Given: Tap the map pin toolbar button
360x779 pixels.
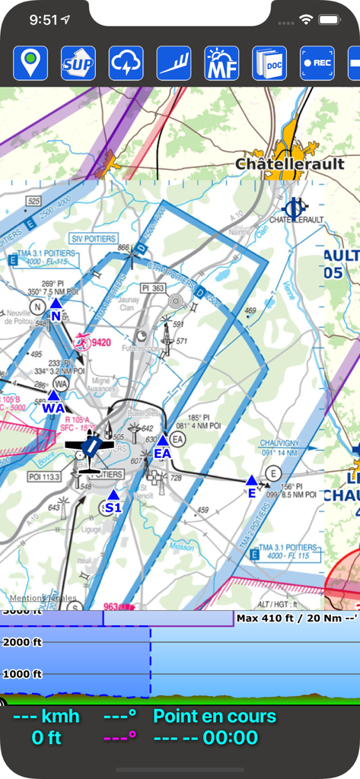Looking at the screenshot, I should [x=30, y=63].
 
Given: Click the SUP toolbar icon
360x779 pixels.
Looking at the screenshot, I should [x=78, y=63].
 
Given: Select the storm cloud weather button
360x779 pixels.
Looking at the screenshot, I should [x=126, y=63].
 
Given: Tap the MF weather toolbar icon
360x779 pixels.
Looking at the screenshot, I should [x=221, y=63].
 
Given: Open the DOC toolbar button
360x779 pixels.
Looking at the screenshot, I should [x=269, y=63].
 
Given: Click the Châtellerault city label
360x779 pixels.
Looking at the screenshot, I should [x=289, y=164].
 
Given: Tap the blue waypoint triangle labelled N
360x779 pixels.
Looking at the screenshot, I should [x=56, y=304].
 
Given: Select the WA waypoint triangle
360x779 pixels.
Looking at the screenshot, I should [x=53, y=396].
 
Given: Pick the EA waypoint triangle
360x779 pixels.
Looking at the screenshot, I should [x=162, y=441].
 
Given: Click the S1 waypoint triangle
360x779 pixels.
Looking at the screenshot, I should [x=113, y=495].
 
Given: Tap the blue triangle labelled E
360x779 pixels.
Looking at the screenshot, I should [x=251, y=480].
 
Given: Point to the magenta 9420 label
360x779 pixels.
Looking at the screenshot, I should [x=100, y=342].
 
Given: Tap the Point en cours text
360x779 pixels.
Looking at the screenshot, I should [x=215, y=716].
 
